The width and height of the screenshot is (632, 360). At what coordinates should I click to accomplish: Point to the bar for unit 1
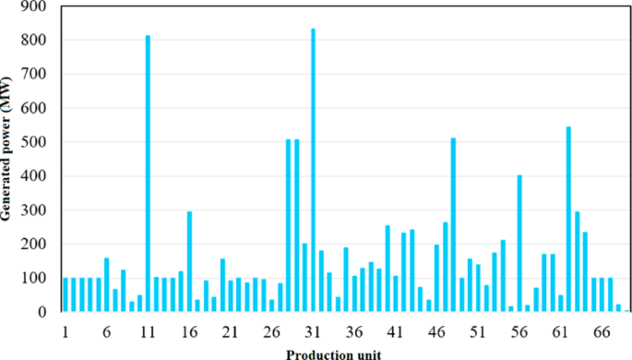pyautogui.click(x=66, y=294)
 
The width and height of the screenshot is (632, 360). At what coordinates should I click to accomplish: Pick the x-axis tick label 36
pyautogui.click(x=353, y=331)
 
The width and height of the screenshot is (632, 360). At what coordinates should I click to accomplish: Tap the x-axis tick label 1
pyautogui.click(x=66, y=331)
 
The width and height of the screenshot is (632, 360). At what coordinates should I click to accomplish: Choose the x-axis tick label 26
pyautogui.click(x=271, y=331)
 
